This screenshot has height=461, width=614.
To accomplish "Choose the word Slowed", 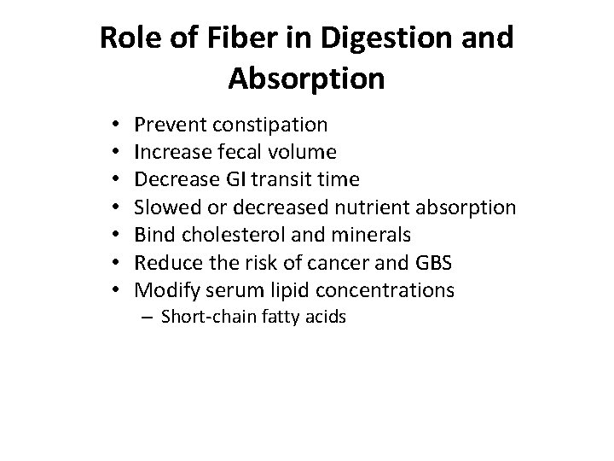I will coord(165,208).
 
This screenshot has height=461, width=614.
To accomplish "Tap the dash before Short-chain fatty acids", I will coord(148,318).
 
